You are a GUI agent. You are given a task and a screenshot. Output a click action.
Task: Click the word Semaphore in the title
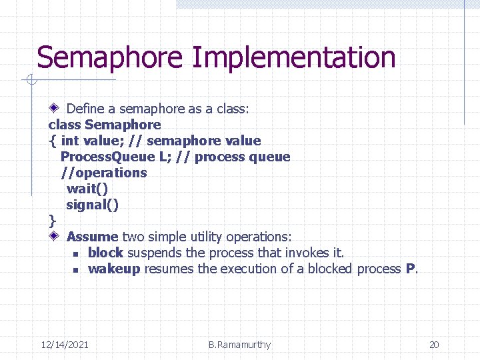coord(109,57)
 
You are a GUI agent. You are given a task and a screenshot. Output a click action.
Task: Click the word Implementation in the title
coord(293,57)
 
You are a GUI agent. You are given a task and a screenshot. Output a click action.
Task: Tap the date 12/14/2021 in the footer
coord(65,345)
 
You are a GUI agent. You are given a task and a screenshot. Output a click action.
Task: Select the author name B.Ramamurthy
coord(239,345)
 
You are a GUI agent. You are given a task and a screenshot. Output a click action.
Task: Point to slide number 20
coord(434,345)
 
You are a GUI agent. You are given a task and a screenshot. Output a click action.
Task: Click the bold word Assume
coord(92,237)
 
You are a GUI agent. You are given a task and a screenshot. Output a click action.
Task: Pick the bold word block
coord(105,253)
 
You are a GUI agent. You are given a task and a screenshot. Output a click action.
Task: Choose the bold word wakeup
coord(114,269)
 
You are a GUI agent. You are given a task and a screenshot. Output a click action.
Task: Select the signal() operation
coord(92,205)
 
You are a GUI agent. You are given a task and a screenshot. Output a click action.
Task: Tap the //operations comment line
coord(103,173)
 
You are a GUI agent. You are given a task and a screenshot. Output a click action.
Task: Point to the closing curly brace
coord(52,221)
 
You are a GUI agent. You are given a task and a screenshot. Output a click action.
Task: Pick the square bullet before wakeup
coord(76,270)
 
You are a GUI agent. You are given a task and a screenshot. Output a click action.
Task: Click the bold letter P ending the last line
coord(410,269)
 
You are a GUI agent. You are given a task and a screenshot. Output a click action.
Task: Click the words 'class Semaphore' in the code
coord(105,125)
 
